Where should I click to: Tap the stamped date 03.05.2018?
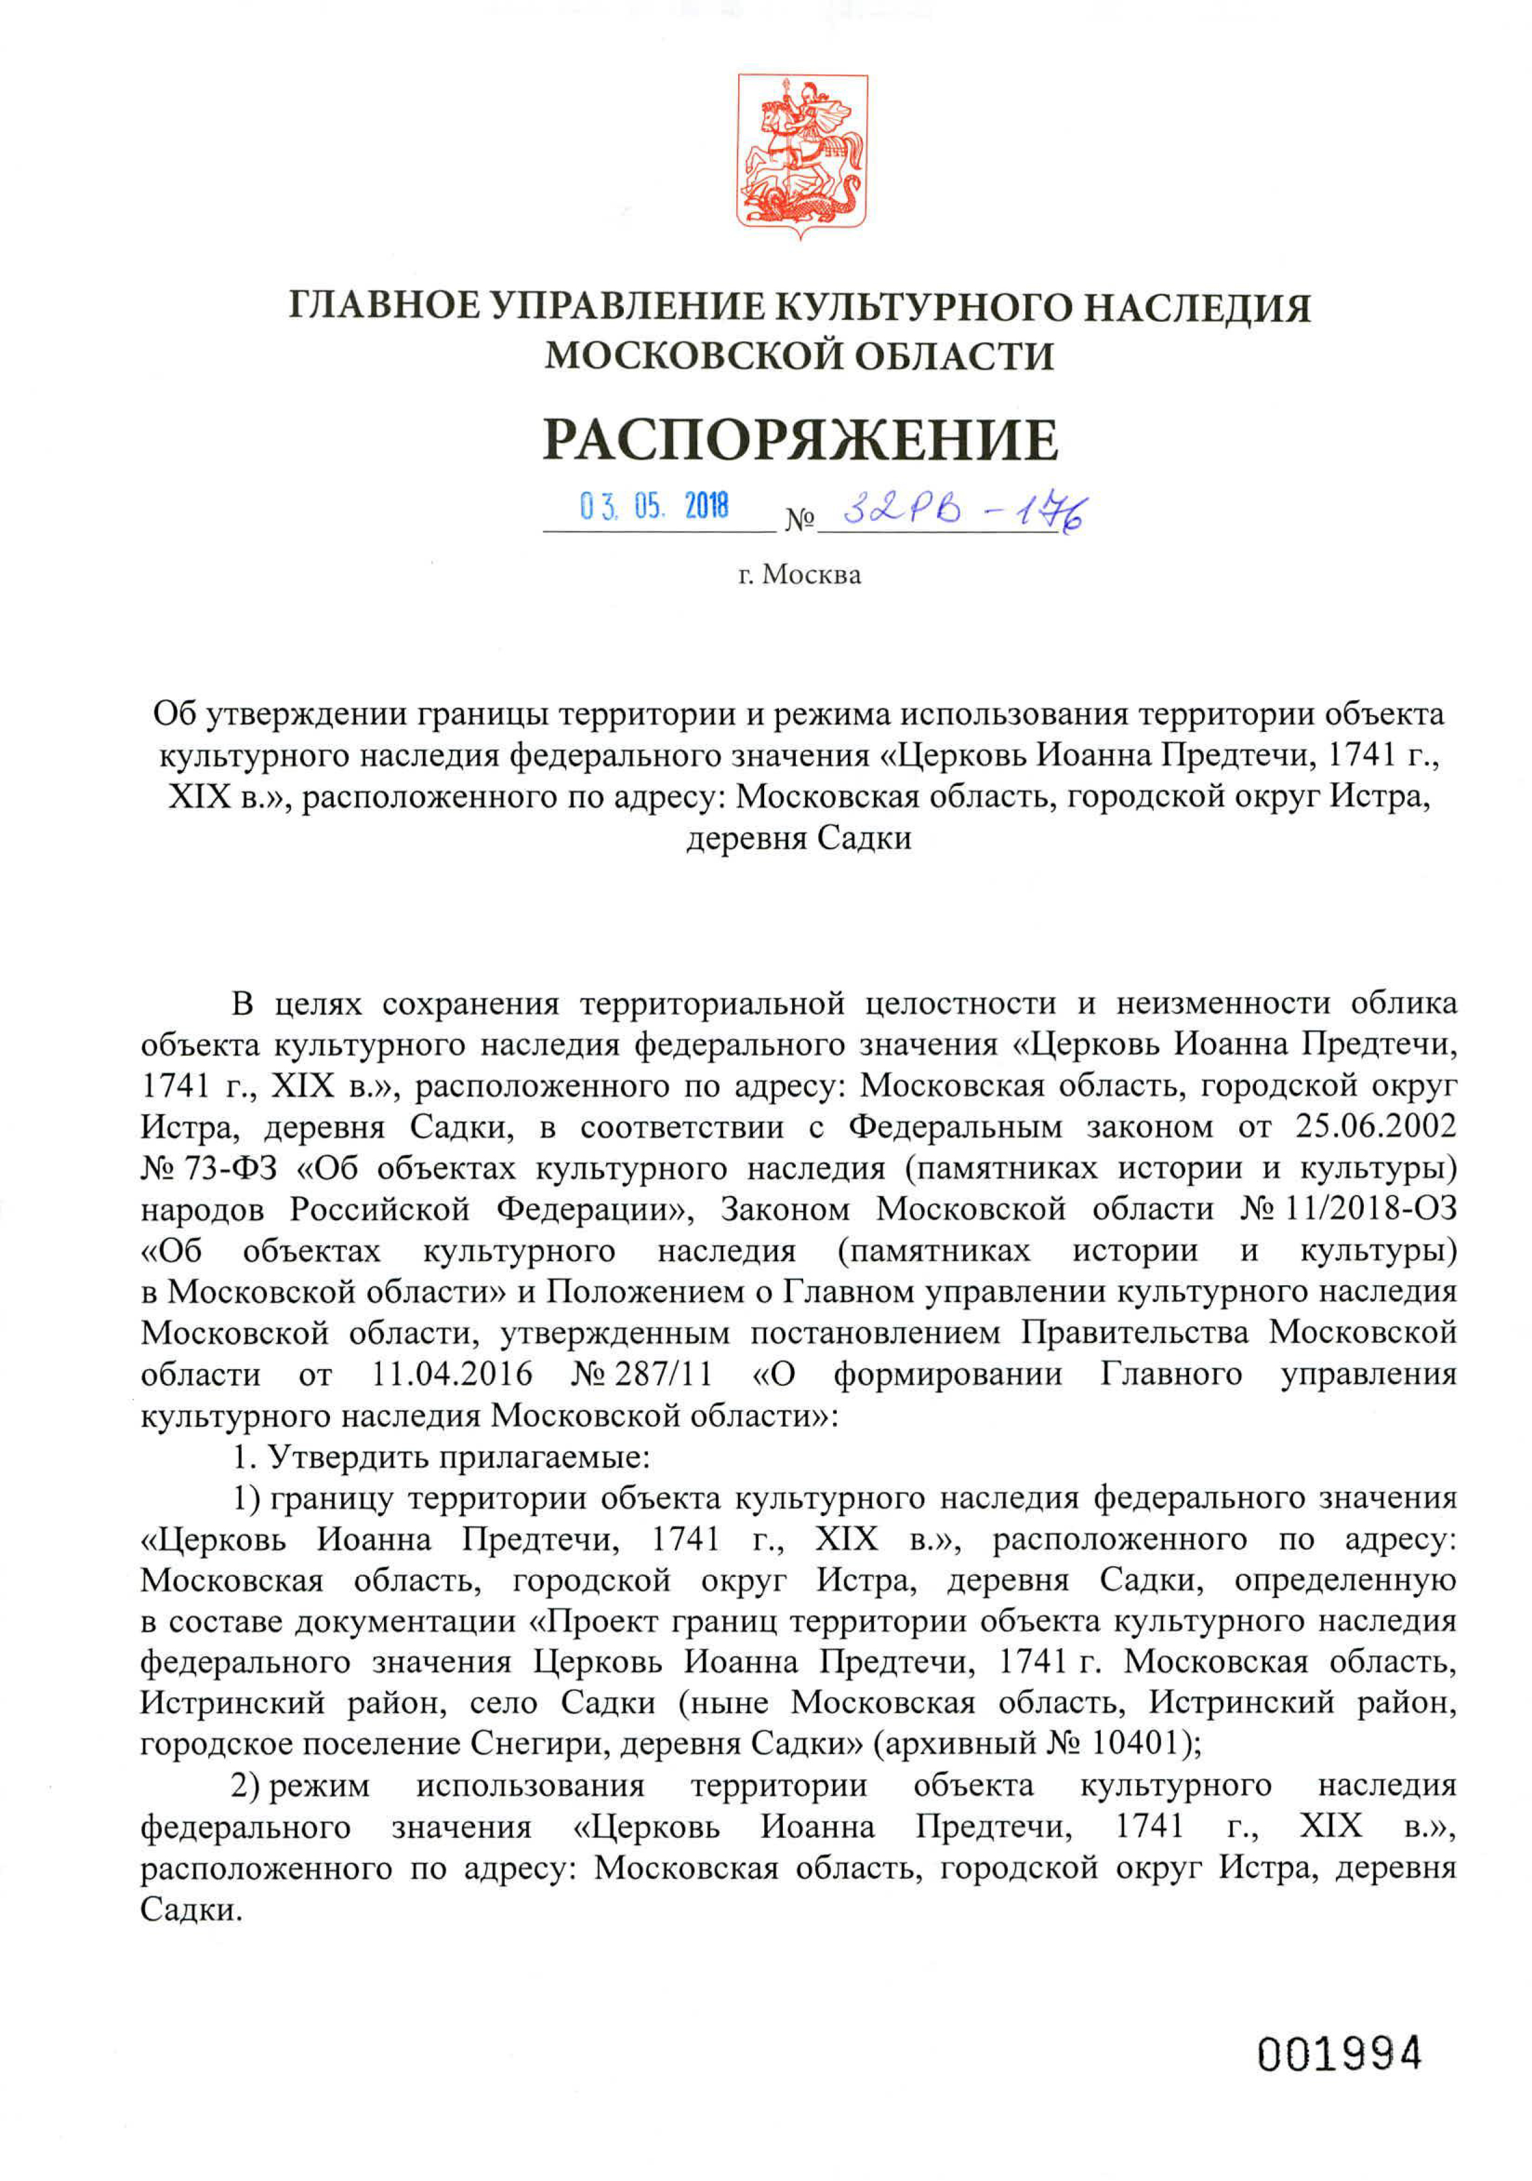[654, 506]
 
